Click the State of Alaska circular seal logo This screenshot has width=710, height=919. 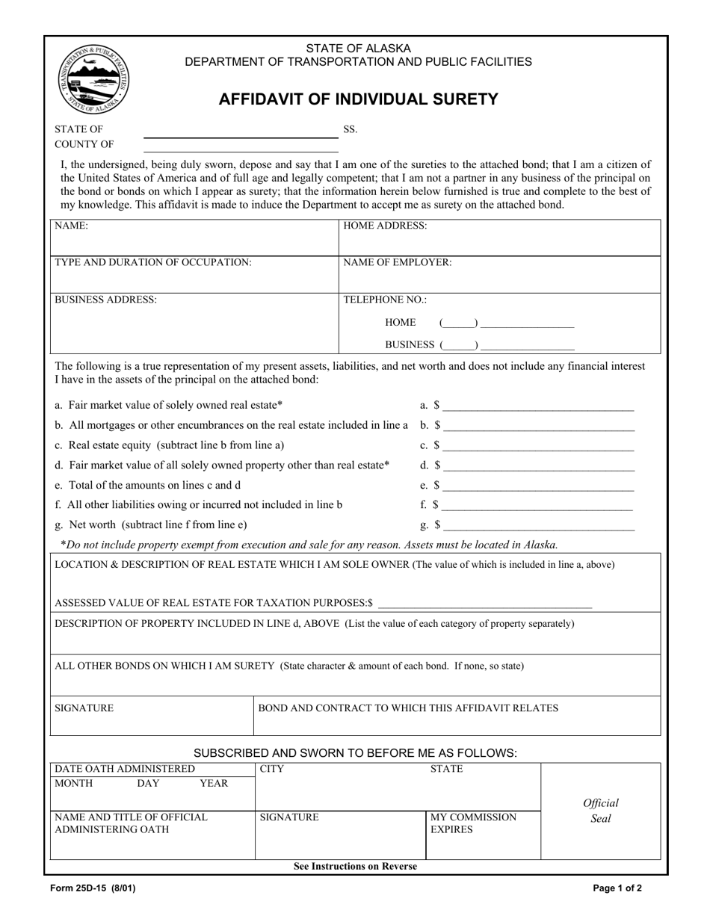(x=93, y=79)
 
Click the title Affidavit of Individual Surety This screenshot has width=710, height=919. (x=358, y=99)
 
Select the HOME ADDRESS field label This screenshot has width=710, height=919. (x=385, y=226)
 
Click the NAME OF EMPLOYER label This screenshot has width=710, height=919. (x=397, y=262)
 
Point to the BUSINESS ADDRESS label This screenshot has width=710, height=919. (x=105, y=300)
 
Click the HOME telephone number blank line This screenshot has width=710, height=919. (x=527, y=324)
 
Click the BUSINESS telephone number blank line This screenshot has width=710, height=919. (x=527, y=345)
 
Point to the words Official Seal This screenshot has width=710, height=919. (x=601, y=811)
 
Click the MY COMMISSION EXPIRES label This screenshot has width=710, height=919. (x=473, y=823)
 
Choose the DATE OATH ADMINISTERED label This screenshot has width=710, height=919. (x=125, y=769)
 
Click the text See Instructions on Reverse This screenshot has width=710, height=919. (x=356, y=867)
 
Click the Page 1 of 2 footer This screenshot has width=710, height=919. (x=617, y=889)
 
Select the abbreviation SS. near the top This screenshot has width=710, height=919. (x=350, y=129)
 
